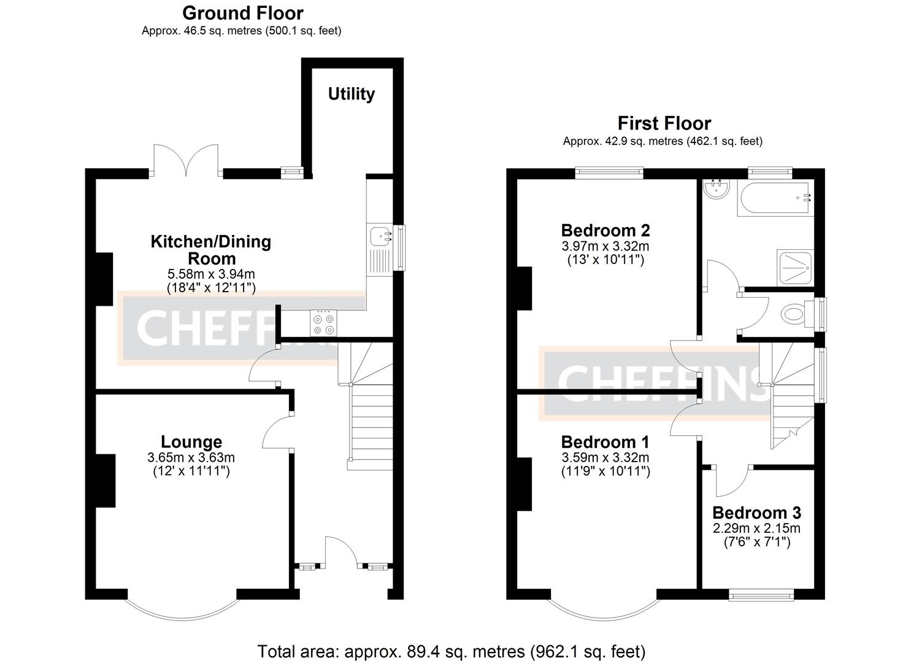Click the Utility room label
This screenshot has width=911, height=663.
(x=351, y=94)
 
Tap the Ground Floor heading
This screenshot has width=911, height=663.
(x=242, y=13)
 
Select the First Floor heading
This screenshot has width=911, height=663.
(x=664, y=123)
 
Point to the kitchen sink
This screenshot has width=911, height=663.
(x=381, y=236)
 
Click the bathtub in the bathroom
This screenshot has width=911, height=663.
(x=776, y=198)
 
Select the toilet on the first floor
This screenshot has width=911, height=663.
(x=795, y=315)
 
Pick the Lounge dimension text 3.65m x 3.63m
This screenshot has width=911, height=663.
(x=191, y=457)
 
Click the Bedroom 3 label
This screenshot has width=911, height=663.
(x=756, y=513)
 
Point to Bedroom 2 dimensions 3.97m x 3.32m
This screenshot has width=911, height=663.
(x=605, y=246)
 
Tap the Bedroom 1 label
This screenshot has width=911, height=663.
(x=605, y=442)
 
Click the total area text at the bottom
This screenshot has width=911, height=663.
(x=451, y=651)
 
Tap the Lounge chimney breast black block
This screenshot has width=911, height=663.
(x=106, y=481)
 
